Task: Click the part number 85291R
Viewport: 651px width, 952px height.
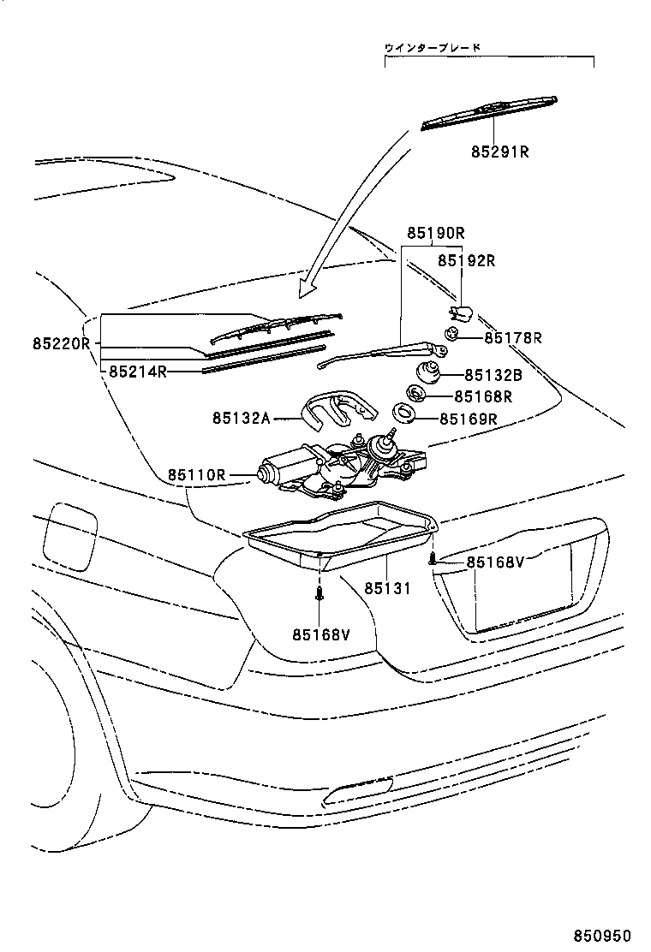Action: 499,152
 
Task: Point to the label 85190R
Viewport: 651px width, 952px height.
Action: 435,232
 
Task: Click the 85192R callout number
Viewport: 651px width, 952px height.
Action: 467,260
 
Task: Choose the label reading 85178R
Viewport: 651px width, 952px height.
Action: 513,338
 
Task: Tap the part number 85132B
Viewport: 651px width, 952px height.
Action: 493,374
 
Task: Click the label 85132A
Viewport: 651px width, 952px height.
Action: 242,418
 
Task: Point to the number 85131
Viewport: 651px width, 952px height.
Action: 388,589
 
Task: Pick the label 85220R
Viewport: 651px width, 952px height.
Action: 62,343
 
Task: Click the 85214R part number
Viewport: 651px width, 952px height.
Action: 137,372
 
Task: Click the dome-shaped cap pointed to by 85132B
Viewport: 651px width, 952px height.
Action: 429,373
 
